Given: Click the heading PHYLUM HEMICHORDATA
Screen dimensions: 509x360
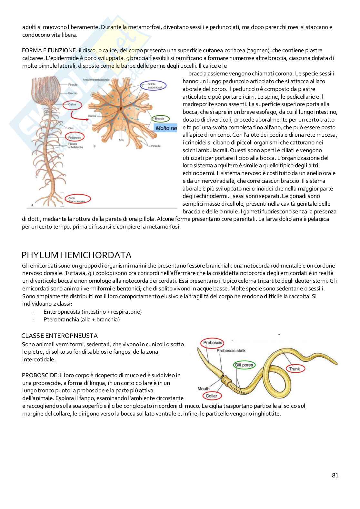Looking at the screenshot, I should coord(76,255).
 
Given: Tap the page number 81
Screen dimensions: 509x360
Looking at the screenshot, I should coord(335,475).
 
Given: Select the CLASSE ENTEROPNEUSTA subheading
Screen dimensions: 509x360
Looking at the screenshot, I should coord(60,336).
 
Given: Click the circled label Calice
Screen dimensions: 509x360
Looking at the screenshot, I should coord(73,105).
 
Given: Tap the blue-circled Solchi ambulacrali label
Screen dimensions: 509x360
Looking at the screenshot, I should coord(154,85).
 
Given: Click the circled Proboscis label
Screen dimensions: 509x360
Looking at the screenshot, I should coord(213,343).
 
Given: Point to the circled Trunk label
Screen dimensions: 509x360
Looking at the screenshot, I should coord(294,369).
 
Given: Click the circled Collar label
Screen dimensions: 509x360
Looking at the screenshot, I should coord(211,396).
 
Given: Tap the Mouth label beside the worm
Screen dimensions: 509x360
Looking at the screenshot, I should coord(204,389).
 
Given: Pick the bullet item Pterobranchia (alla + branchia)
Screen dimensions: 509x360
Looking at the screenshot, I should coord(81,319).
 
